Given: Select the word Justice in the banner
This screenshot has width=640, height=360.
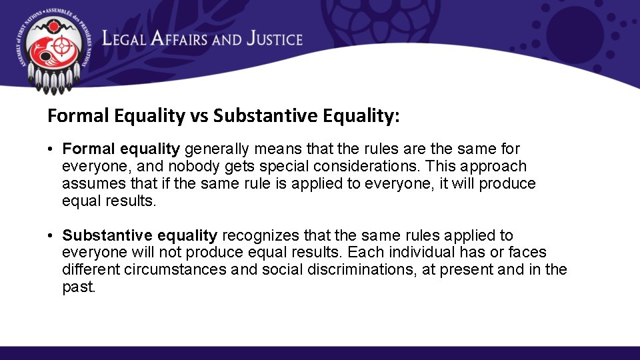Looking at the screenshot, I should (x=274, y=39).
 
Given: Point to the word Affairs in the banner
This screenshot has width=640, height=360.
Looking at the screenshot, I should (x=181, y=39).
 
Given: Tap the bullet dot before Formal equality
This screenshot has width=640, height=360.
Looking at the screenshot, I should (x=51, y=149).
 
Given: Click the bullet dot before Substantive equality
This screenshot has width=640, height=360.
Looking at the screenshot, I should (x=51, y=235).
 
